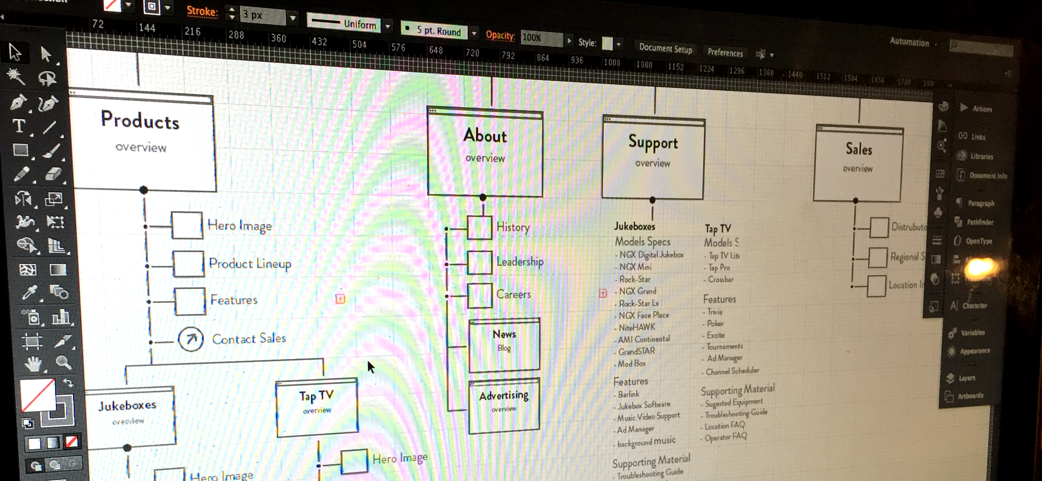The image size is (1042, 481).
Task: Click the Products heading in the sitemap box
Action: click(140, 120)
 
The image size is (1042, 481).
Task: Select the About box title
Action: click(485, 136)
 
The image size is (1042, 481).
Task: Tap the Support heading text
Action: click(653, 142)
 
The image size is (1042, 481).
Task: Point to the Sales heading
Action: click(858, 149)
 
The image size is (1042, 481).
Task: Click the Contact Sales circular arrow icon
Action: click(190, 339)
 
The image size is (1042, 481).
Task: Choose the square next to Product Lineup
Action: click(188, 264)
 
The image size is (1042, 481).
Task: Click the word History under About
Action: click(513, 227)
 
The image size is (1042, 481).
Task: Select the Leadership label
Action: click(520, 262)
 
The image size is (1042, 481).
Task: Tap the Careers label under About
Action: click(513, 294)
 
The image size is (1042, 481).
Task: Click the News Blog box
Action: click(504, 345)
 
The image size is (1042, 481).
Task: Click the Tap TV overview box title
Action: click(316, 396)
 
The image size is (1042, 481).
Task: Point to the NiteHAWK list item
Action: click(637, 327)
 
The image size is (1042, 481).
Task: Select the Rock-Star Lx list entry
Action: click(639, 304)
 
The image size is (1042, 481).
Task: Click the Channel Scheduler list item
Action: click(732, 371)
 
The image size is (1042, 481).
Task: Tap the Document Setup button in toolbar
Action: click(666, 49)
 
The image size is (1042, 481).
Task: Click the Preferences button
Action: click(725, 53)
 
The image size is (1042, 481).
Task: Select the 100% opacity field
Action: click(541, 38)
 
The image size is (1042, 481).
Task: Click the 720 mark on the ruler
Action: click(472, 53)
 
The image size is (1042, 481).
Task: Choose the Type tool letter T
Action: click(19, 126)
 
